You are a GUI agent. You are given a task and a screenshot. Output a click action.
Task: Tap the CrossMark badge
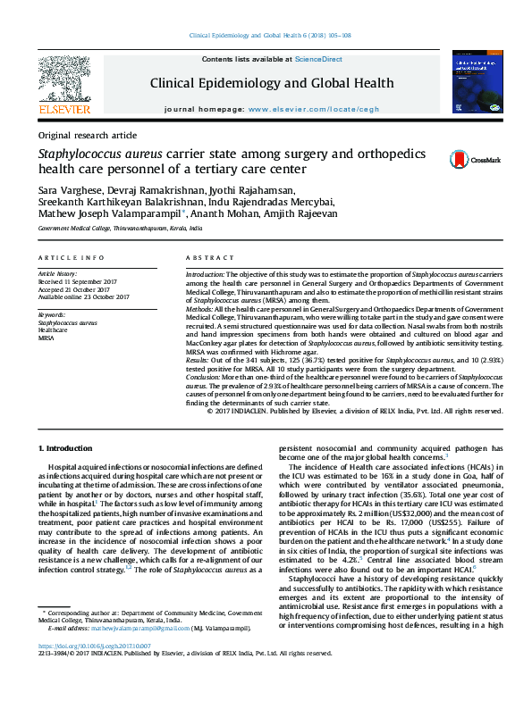[462, 159]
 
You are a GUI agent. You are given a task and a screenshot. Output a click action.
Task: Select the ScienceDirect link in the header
[318, 59]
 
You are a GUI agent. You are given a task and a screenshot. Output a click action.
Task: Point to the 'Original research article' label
[87, 135]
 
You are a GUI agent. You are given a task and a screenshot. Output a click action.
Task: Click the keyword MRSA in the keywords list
[46, 338]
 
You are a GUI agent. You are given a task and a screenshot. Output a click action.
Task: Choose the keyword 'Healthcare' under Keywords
[53, 330]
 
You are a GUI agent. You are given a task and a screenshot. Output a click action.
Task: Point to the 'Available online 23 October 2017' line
[83, 297]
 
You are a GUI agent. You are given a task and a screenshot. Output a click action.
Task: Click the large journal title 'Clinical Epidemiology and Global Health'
[266, 85]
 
